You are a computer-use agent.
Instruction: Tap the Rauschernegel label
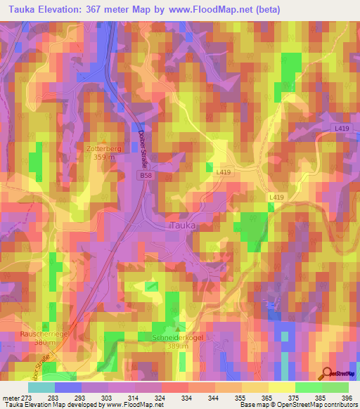pos(44,335)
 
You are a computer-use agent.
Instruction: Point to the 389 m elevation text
pos(172,346)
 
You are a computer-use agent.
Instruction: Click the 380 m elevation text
pos(44,343)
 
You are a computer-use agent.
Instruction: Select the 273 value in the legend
pos(23,398)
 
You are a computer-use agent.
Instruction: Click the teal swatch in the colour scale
pos(41,387)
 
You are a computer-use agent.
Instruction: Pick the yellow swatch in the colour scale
pos(282,387)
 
